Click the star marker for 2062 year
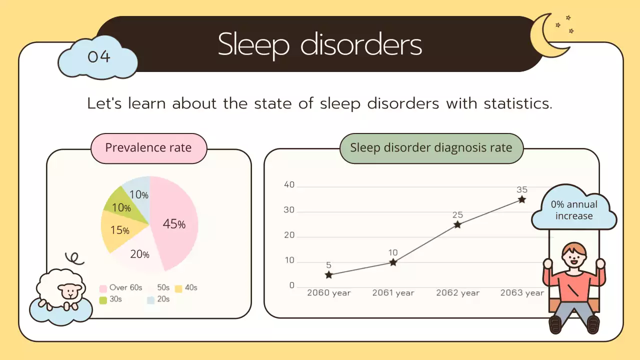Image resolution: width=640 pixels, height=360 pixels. pyautogui.click(x=457, y=224)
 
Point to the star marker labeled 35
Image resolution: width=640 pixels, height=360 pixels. pyautogui.click(x=522, y=199)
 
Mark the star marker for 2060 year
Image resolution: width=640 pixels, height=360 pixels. pyautogui.click(x=328, y=274)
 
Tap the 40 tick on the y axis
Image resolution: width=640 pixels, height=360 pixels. pyautogui.click(x=289, y=185)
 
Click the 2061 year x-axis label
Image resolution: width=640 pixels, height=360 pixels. pyautogui.click(x=393, y=293)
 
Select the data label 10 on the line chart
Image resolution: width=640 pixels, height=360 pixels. pyautogui.click(x=393, y=253)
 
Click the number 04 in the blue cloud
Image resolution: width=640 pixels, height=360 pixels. pyautogui.click(x=98, y=56)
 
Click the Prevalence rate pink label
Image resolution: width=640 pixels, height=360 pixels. pyautogui.click(x=148, y=148)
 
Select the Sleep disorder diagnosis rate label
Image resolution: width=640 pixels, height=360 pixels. pyautogui.click(x=431, y=148)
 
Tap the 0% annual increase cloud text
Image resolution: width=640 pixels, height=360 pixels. pyautogui.click(x=574, y=210)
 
